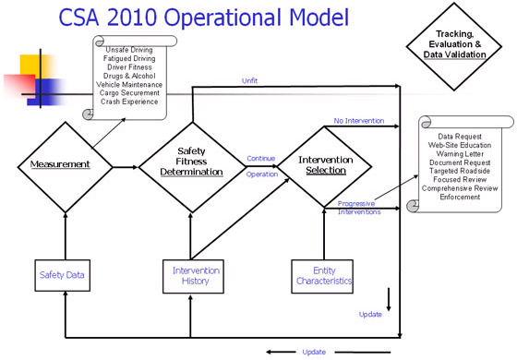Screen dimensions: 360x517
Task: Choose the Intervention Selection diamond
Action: click(322, 165)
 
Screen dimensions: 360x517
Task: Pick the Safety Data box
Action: click(64, 274)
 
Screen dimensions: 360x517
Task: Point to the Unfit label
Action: click(250, 81)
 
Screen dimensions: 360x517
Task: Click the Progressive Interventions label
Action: click(358, 208)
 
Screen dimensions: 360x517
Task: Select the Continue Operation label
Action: click(260, 165)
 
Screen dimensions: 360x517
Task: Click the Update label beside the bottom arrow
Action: click(314, 352)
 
